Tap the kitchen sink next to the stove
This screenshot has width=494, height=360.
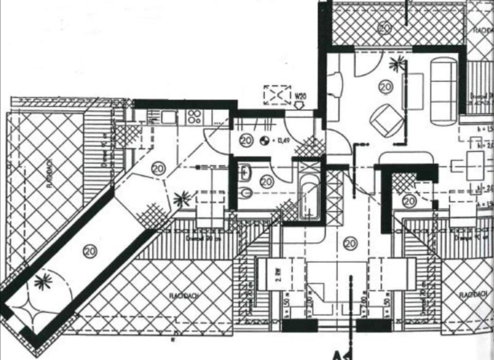tap(169, 117)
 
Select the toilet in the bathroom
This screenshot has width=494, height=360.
tap(245, 193)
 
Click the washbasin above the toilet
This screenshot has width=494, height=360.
tap(245, 171)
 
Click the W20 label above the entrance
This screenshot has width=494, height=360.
tap(301, 96)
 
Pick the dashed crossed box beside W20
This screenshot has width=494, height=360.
tap(277, 96)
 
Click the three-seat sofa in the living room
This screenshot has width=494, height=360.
tap(444, 91)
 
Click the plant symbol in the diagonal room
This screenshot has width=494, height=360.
tap(43, 280)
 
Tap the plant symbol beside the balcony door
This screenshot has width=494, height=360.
tap(396, 65)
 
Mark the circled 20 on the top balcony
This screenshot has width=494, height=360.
tap(384, 27)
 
